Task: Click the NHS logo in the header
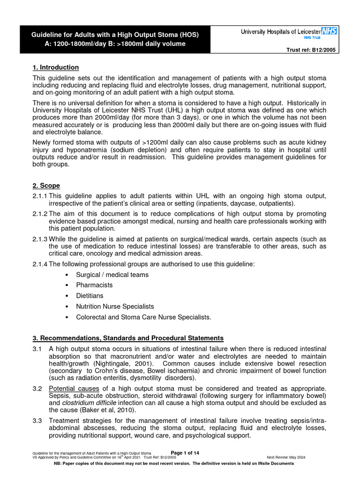point(328,31)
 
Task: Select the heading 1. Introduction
point(56,67)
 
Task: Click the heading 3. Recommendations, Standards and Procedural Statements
point(128,338)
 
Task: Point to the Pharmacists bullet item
point(94,285)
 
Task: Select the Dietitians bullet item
point(90,296)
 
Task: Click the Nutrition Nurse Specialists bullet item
point(115,307)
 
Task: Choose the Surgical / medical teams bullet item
point(112,275)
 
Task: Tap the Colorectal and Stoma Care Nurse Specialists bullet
point(143,317)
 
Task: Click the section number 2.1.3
point(40,239)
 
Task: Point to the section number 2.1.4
point(40,264)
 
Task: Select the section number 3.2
point(37,389)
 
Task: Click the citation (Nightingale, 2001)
point(119,364)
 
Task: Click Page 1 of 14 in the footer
point(185,452)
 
